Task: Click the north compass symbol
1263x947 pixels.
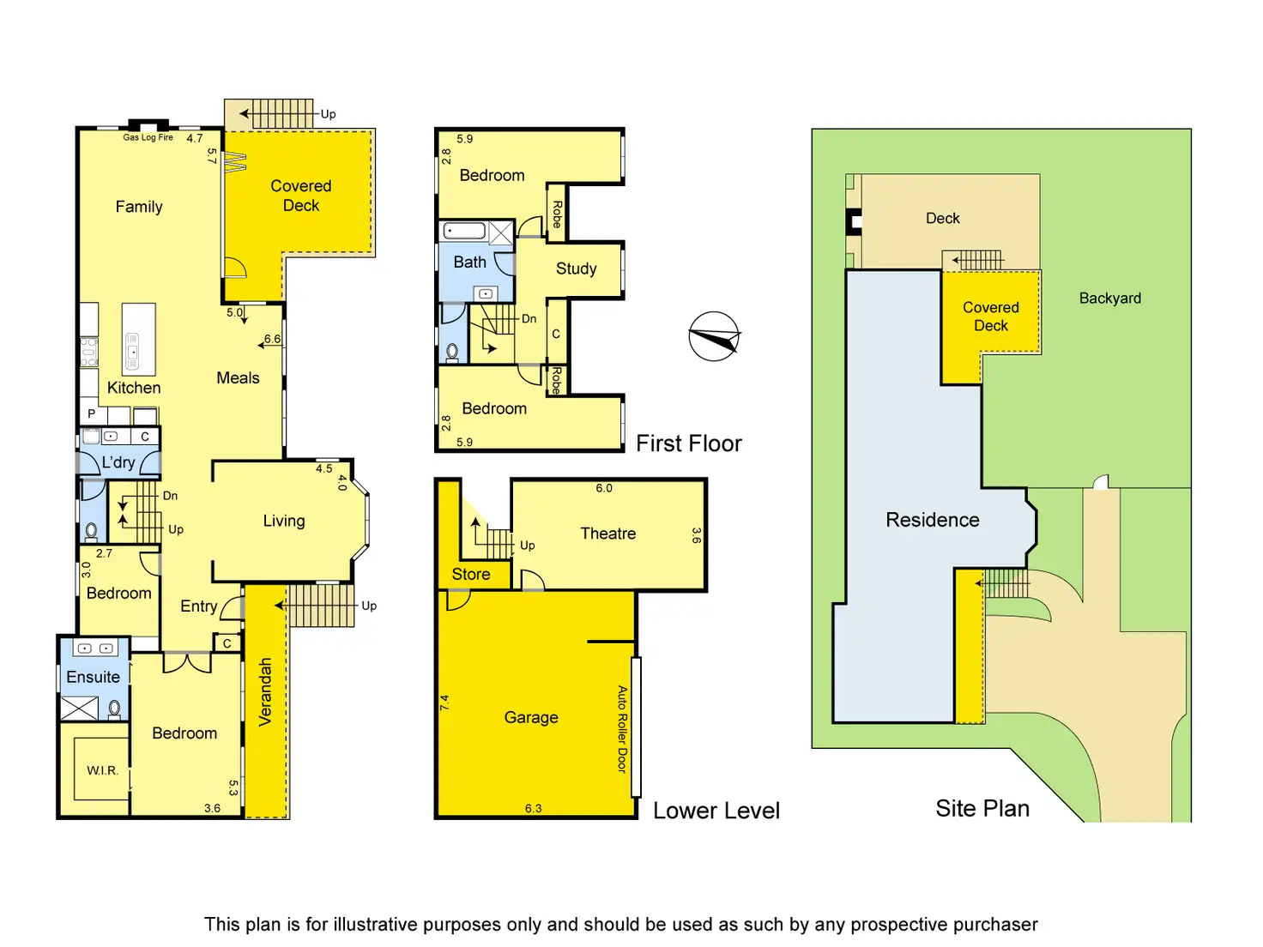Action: [714, 336]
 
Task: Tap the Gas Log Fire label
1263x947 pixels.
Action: [148, 137]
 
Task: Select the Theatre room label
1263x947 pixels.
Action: [607, 534]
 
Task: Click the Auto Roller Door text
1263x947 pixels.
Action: [623, 729]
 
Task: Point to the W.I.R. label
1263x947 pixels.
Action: [102, 770]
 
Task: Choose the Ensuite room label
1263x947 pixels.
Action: [93, 677]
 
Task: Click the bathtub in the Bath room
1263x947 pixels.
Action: [465, 231]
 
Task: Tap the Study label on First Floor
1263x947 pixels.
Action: [576, 268]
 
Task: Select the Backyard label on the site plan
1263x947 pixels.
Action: [1109, 299]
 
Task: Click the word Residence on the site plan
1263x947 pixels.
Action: [932, 520]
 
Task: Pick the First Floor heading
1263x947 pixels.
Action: [688, 443]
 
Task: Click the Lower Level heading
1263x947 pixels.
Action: [716, 811]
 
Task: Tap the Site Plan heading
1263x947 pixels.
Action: [982, 808]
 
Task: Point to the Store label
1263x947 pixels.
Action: [471, 574]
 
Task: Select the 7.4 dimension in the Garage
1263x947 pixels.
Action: [444, 703]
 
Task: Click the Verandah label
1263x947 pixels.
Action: [265, 691]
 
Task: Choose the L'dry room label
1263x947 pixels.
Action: [118, 462]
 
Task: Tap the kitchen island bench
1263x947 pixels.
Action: [138, 339]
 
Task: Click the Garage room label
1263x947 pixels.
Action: [531, 717]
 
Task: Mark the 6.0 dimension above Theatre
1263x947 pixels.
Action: [604, 488]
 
